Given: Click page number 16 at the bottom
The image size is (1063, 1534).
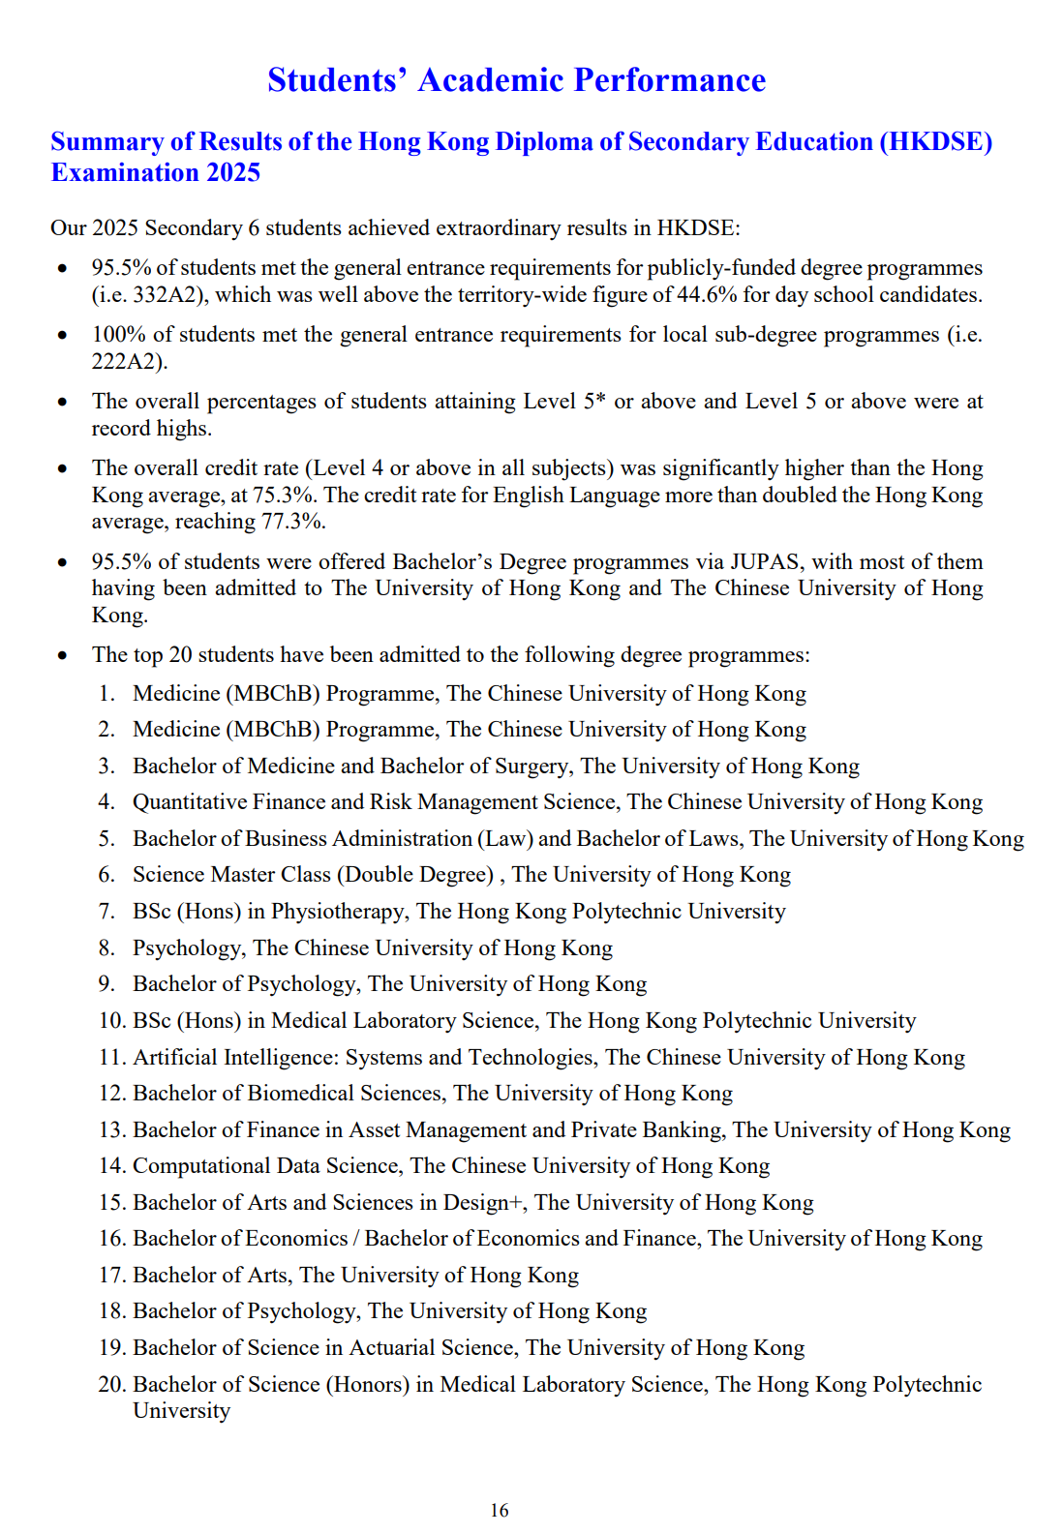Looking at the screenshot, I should click(x=500, y=1510).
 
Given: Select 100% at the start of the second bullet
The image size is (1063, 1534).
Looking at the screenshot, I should click(x=118, y=335).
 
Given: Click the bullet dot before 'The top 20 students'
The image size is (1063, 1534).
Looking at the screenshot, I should click(x=63, y=655).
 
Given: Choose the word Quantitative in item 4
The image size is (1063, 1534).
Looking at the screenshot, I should click(x=189, y=802).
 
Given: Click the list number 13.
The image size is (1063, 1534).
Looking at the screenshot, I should click(x=112, y=1130).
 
